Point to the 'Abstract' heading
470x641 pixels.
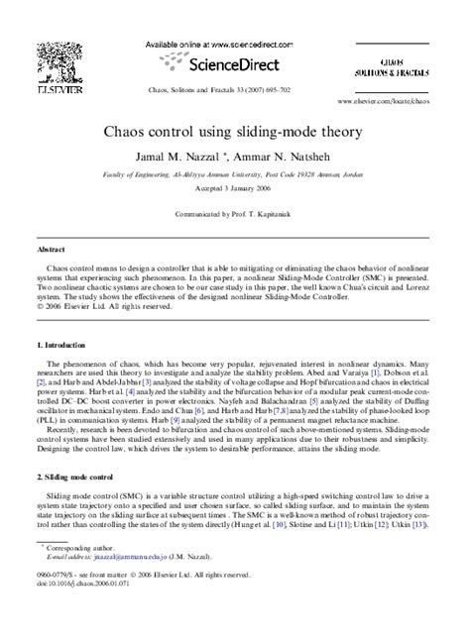click(x=52, y=251)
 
